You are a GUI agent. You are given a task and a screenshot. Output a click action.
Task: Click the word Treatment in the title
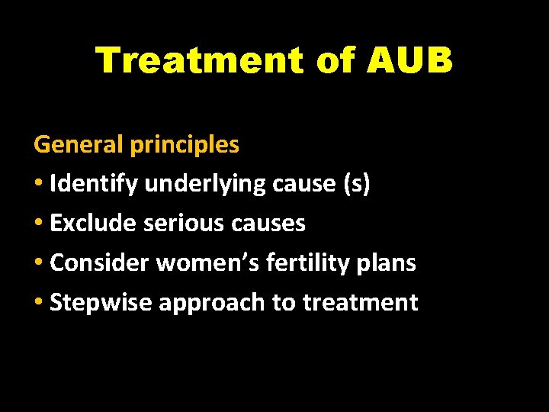point(200,60)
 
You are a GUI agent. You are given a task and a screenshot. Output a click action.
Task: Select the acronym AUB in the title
point(409,60)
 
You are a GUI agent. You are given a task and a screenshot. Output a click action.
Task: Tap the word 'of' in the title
point(335,60)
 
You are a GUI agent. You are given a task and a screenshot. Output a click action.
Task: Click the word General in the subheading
point(79,143)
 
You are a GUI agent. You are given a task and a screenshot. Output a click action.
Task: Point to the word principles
point(185,143)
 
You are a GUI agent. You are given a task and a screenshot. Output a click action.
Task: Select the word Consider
point(100,262)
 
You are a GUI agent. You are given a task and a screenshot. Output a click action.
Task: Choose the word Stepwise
point(101,302)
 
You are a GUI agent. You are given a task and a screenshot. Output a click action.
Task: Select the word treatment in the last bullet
point(360,302)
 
